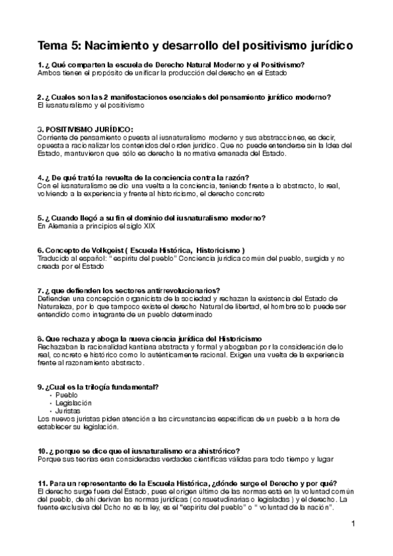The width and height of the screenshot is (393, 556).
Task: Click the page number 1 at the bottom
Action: pyautogui.click(x=353, y=524)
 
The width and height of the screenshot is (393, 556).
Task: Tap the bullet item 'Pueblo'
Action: pyautogui.click(x=66, y=395)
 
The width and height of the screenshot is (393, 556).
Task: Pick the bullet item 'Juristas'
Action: pyautogui.click(x=68, y=410)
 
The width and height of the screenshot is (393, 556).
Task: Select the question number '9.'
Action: pyautogui.click(x=41, y=386)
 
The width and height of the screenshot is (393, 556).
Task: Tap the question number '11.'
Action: pyautogui.click(x=43, y=483)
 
